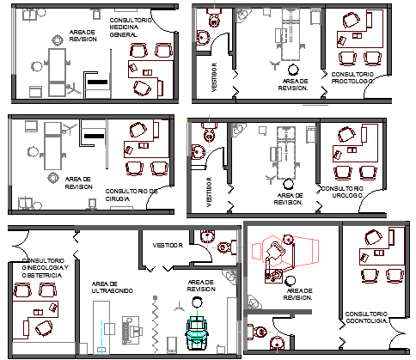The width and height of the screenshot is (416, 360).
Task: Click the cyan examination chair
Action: click(x=197, y=331)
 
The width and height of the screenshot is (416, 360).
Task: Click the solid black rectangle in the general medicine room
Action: click(x=98, y=82)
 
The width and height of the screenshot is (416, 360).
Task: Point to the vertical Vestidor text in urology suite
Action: click(x=209, y=192)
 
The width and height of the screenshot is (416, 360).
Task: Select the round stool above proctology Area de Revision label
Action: click(x=294, y=70)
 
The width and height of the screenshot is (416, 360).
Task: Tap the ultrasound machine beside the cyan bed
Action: click(x=130, y=329)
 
